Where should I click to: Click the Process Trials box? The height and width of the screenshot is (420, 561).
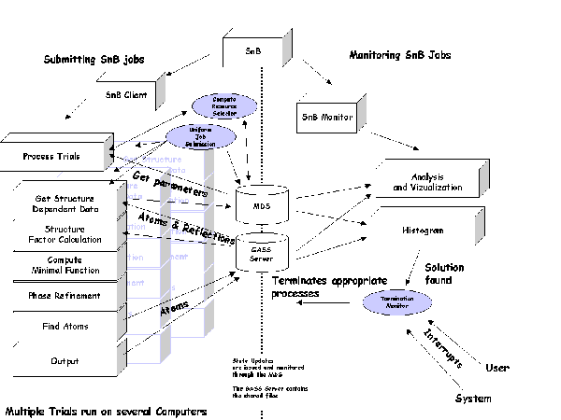pyautogui.click(x=51, y=157)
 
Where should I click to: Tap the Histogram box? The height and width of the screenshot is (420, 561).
pyautogui.click(x=426, y=229)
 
